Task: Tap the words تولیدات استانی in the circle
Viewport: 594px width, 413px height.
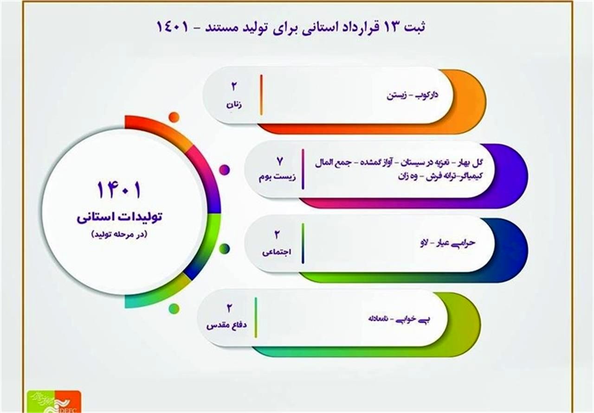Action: point(119,217)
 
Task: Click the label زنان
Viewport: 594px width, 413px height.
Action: point(234,105)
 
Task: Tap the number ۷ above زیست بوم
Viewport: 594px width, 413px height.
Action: point(280,162)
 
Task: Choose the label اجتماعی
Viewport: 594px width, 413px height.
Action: point(277,253)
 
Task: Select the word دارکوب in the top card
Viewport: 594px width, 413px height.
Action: point(426,96)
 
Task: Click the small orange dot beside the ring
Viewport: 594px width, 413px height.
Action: point(174,117)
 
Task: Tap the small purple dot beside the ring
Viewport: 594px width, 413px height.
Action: point(224,170)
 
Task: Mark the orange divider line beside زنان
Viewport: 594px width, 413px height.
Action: point(262,95)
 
